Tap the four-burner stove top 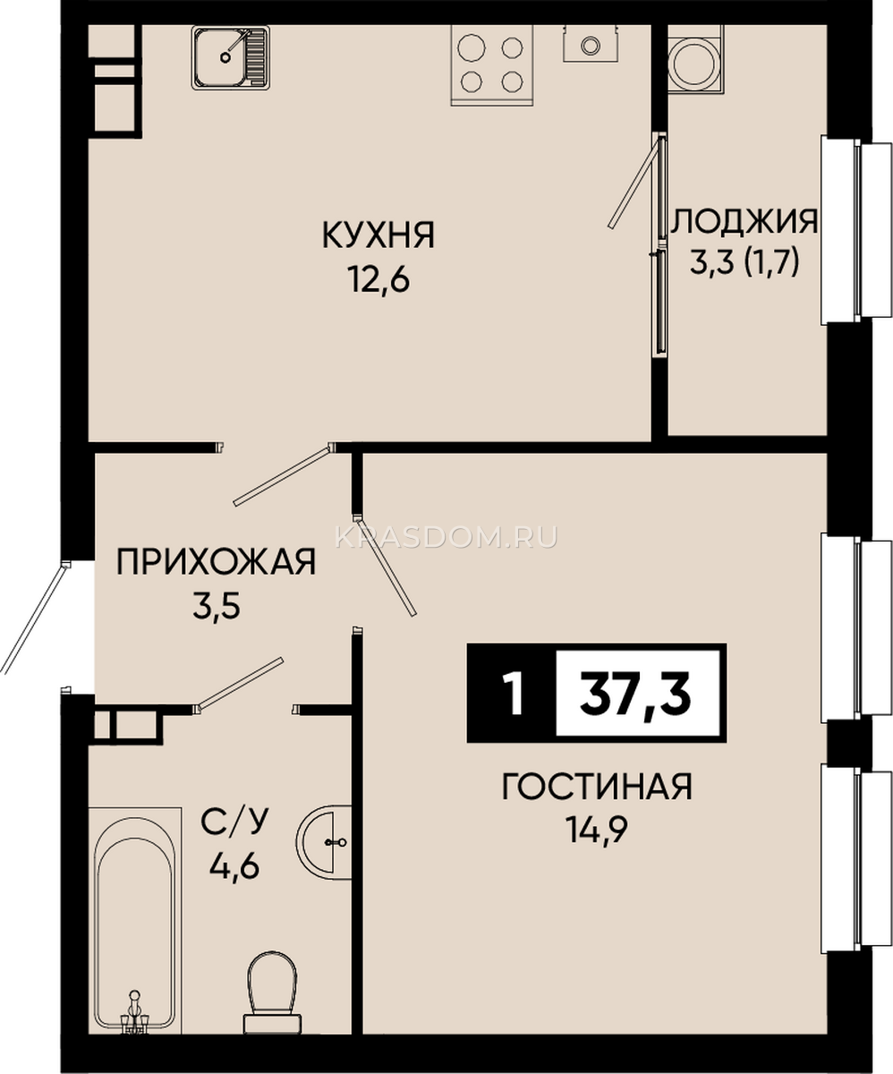point(492,64)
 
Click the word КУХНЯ point(378,235)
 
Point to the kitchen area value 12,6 point(379,281)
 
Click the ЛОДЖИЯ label point(745,222)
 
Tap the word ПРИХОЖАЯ point(216,562)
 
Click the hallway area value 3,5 point(216,608)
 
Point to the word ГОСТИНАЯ point(597,787)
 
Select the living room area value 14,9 point(597,831)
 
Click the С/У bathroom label point(234,823)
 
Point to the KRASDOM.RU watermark point(446,538)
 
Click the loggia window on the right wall point(856,230)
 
